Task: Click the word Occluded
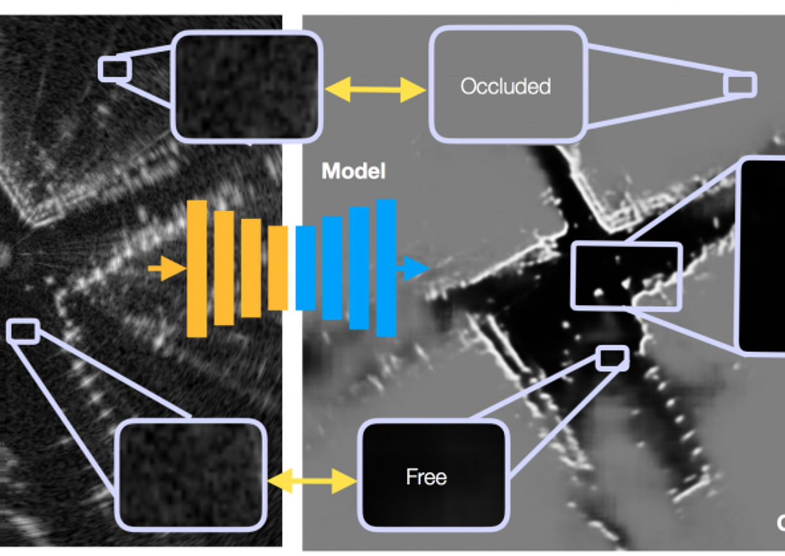coord(505,86)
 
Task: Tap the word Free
coord(427,477)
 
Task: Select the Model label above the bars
coord(353,171)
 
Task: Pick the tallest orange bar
coord(197,269)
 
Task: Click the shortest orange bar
coord(278,268)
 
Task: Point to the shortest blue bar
coord(305,268)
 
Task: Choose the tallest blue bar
coord(386,268)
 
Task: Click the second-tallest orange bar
coord(224,268)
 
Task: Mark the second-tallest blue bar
coord(359,268)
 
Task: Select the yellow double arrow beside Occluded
coord(375,88)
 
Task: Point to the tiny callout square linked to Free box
coord(613,357)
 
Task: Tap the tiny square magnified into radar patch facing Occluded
coord(114,69)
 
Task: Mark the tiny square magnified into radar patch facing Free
coord(23,331)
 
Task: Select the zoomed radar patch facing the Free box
coord(191,474)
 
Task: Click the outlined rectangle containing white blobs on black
coord(627,275)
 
